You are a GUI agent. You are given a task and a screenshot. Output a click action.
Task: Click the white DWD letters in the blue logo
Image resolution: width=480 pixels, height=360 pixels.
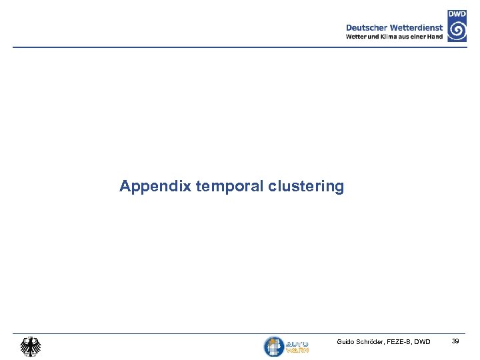tap(457, 13)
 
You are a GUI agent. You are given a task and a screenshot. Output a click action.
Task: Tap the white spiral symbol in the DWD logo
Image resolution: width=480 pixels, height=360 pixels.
tap(457, 30)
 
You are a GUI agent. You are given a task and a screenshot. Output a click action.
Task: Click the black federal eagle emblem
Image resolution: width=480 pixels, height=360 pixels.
tap(30, 346)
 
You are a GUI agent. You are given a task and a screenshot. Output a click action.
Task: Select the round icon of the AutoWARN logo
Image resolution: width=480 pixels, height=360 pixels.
tap(274, 346)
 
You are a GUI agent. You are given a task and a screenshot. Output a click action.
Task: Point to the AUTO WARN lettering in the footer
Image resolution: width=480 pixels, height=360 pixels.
tap(297, 346)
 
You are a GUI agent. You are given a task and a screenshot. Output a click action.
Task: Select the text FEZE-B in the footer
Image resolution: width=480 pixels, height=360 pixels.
tap(403, 342)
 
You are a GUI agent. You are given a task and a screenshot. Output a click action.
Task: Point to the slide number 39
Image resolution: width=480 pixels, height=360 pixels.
tap(455, 341)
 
